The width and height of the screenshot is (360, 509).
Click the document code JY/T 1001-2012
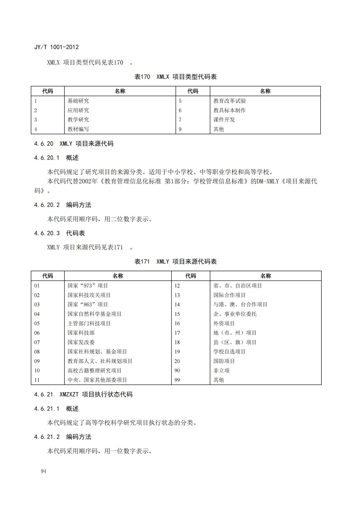click(x=56, y=47)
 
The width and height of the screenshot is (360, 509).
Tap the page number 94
click(x=44, y=471)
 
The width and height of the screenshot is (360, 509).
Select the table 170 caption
click(x=176, y=77)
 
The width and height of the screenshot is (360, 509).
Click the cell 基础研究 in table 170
click(x=78, y=101)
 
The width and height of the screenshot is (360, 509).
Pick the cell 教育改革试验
click(x=229, y=101)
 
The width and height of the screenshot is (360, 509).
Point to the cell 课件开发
click(x=224, y=120)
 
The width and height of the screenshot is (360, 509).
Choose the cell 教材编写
click(x=78, y=129)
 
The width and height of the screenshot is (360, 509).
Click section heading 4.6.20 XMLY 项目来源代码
click(x=74, y=144)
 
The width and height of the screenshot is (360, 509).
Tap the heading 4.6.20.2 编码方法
click(x=63, y=205)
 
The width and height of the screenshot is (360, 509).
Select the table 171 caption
click(x=176, y=261)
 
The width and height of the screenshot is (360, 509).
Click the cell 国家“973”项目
click(x=88, y=286)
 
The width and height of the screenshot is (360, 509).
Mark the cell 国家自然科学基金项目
click(x=95, y=314)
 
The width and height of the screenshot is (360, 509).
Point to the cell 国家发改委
click(x=81, y=342)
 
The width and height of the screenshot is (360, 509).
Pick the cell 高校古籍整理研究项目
click(x=95, y=371)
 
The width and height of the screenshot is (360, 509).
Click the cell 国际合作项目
click(x=229, y=295)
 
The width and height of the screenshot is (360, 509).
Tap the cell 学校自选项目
click(x=229, y=352)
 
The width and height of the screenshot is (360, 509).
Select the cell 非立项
click(x=221, y=371)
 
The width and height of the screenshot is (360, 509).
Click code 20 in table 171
click(x=177, y=361)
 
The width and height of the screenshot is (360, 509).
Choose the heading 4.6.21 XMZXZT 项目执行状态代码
click(x=83, y=394)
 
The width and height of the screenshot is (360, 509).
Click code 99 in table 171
click(x=177, y=380)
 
